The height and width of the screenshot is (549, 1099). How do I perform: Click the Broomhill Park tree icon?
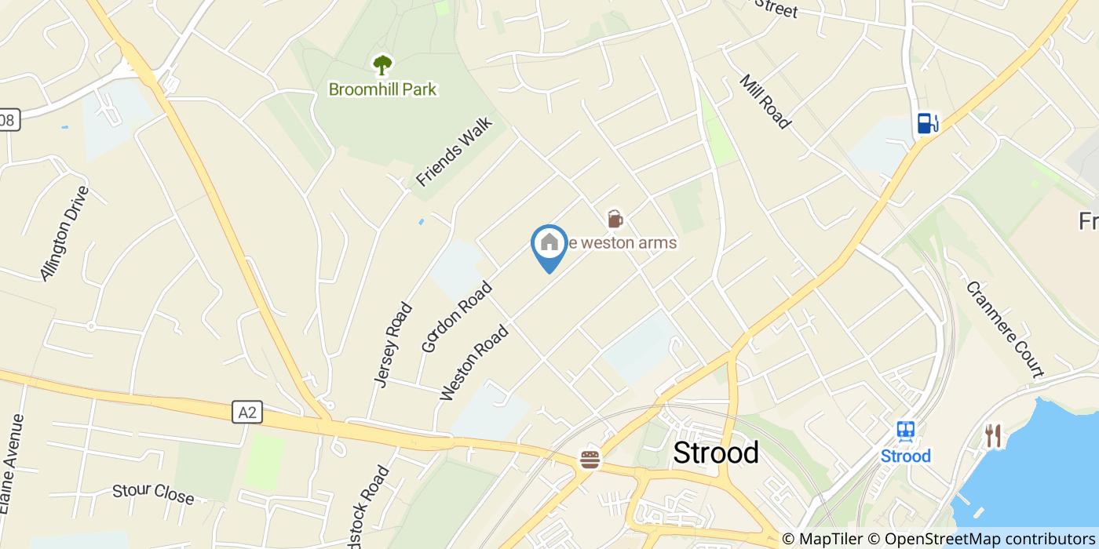click(x=382, y=64)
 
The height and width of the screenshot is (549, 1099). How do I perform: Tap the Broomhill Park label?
click(x=382, y=89)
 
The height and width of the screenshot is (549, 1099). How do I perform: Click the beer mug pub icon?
click(x=615, y=218)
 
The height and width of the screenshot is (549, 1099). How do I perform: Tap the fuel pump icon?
click(x=927, y=123)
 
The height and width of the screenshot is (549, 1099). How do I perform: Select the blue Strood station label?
click(x=906, y=456)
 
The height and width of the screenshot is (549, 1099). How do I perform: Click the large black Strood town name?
click(x=716, y=453)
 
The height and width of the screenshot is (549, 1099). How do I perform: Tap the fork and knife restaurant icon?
click(x=993, y=435)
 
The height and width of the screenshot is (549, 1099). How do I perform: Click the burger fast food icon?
click(x=590, y=459)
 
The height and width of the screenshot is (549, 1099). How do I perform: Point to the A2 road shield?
click(x=247, y=412)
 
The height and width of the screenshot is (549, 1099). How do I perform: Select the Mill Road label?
click(x=764, y=102)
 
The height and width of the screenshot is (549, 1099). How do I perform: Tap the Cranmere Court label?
click(x=1004, y=329)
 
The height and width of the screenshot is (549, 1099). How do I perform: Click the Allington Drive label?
click(x=65, y=233)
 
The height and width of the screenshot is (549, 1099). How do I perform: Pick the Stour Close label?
click(x=153, y=494)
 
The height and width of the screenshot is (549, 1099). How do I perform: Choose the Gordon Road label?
click(x=457, y=316)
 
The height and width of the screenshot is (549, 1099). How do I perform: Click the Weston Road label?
click(x=474, y=362)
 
